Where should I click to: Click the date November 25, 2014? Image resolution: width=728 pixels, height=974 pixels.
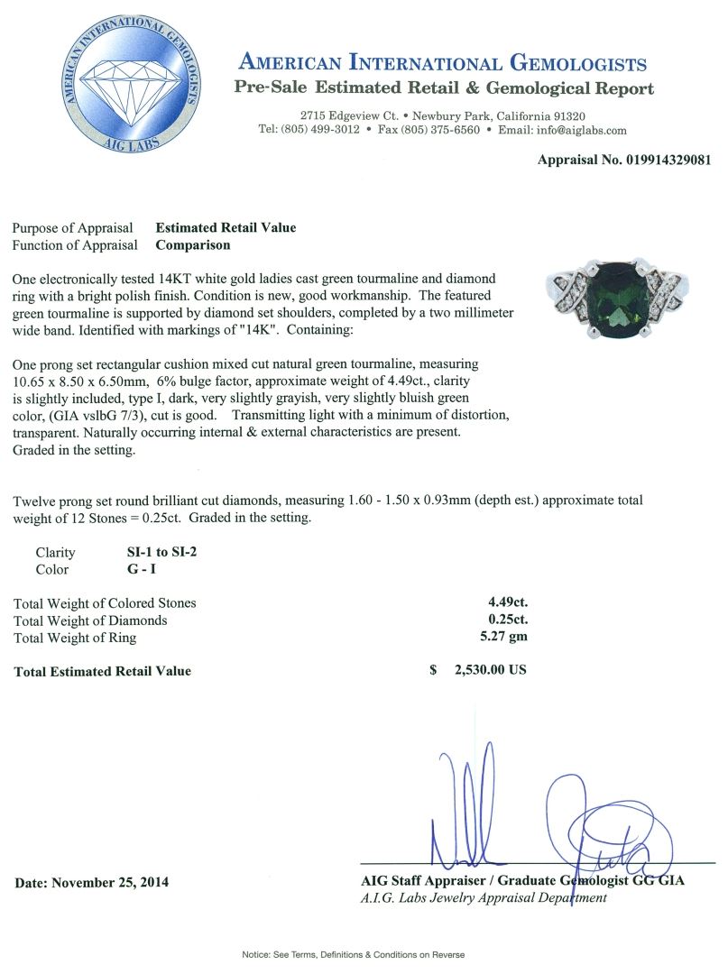coord(90,882)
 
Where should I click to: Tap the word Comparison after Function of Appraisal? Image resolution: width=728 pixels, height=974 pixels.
coord(193,244)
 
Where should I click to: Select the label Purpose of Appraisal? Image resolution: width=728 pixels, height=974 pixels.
coord(73,228)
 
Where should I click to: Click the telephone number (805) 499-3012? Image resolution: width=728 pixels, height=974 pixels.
coord(322,130)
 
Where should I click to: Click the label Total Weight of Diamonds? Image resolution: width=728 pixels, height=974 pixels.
coord(90,620)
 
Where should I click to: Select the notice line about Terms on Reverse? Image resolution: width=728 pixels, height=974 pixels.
coord(353,954)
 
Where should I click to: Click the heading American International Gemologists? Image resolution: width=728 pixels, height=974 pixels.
coord(442,63)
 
